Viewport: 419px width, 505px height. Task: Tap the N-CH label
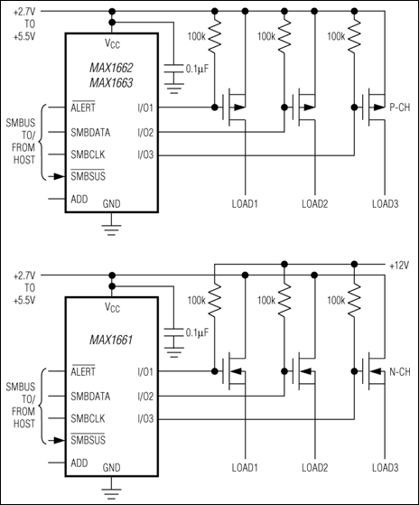point(399,371)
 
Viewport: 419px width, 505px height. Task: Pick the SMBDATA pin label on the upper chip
point(92,131)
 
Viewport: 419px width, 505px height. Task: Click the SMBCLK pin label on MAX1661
point(90,418)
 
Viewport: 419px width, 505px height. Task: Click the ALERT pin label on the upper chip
point(82,107)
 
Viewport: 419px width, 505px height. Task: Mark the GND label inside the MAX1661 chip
point(110,467)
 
